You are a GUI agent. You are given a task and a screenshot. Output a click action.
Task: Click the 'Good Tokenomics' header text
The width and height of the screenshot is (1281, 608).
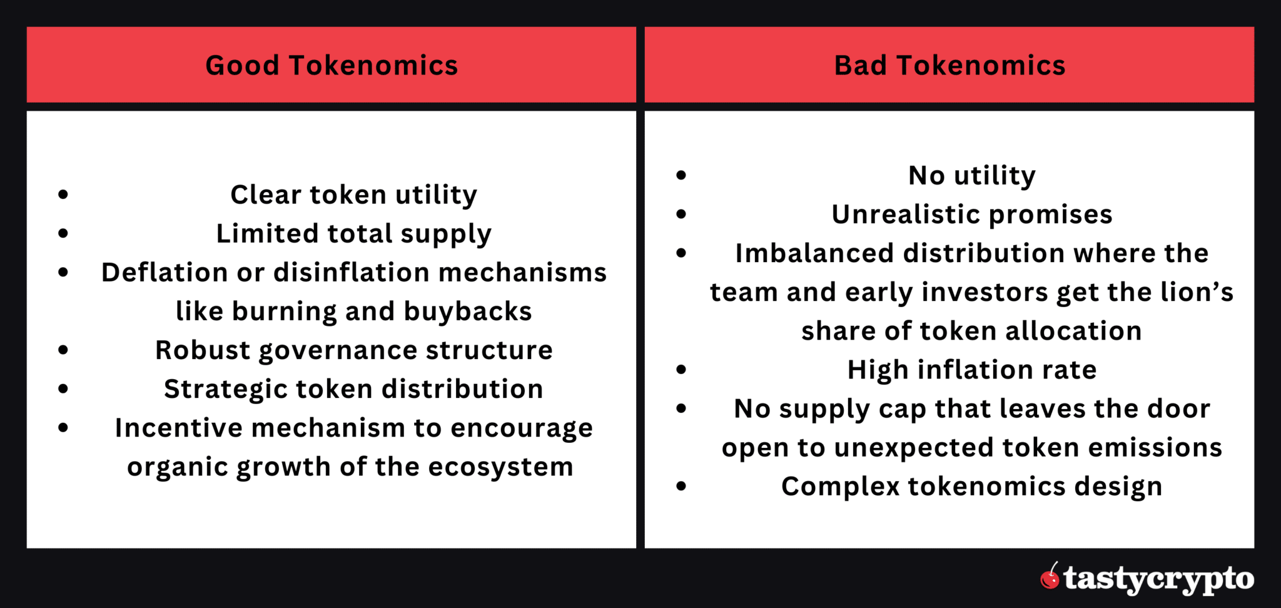coord(332,65)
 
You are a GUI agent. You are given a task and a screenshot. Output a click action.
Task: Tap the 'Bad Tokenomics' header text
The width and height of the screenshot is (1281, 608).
coord(949,65)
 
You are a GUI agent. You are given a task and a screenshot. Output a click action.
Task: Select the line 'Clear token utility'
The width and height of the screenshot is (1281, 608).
coord(353,195)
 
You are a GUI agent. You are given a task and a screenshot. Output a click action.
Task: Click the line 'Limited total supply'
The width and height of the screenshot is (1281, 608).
coord(353,234)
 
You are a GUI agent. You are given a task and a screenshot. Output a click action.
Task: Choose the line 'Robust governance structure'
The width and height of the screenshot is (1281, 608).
coord(353,350)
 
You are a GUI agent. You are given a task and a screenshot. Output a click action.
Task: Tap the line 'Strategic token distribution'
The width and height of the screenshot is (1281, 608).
coord(353,389)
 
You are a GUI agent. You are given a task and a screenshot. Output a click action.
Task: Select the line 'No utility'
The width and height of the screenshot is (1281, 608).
coord(971,176)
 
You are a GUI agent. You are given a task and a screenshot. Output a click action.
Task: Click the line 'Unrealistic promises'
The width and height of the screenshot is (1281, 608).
coord(971,215)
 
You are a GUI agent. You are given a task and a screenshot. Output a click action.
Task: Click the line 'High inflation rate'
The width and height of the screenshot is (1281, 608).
coord(971,370)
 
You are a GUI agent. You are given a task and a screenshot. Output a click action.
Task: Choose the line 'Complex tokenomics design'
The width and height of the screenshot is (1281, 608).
coord(971,487)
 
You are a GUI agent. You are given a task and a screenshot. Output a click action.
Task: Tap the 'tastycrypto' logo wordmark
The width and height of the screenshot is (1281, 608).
coord(1158,579)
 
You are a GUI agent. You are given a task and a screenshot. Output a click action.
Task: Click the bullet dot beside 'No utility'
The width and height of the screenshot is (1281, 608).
coord(681,175)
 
